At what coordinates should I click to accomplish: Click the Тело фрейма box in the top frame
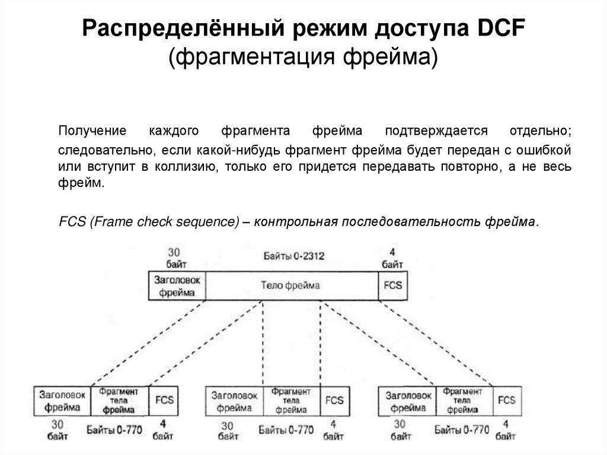click(290, 285)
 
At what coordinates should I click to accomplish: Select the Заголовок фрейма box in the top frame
click(177, 285)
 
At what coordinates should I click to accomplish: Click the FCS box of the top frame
click(392, 285)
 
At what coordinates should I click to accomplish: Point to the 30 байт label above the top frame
click(175, 257)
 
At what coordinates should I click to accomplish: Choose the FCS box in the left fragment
click(164, 400)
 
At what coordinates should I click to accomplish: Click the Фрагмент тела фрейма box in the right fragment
click(464, 400)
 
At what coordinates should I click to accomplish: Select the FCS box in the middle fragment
click(334, 400)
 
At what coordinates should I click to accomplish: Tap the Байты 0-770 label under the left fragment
click(114, 430)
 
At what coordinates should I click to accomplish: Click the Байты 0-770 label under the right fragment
click(462, 430)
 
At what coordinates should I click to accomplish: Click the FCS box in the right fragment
click(506, 400)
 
